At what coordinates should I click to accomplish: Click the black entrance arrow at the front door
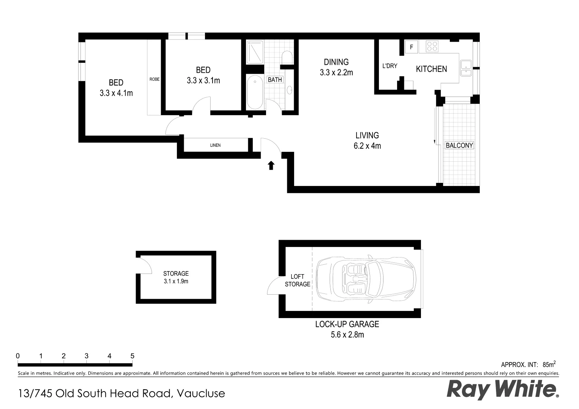tap(271, 165)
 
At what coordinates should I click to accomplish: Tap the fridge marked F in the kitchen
tap(411, 47)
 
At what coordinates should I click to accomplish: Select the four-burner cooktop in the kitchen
tap(432, 46)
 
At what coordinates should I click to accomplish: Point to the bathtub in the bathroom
tap(255, 93)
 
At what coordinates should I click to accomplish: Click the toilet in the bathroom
tap(287, 58)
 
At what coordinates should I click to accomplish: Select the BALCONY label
tap(459, 145)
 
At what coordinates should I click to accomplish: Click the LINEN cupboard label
tap(215, 145)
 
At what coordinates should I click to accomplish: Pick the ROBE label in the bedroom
tap(154, 80)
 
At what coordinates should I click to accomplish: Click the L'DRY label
tap(390, 66)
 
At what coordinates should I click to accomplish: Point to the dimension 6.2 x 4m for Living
tap(367, 146)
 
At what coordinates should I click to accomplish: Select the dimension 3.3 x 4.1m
tap(116, 93)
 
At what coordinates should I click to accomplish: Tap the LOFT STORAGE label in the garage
tap(297, 281)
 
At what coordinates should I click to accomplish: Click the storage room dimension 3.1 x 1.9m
tap(176, 281)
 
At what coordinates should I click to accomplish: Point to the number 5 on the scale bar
tap(132, 356)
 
